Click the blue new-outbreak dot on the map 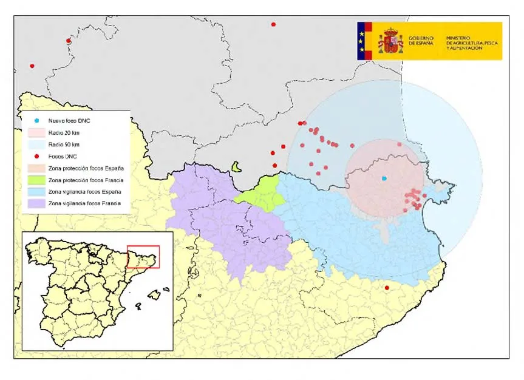pos(384,178)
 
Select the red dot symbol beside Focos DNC pos(37,156)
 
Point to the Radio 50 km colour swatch pos(36,144)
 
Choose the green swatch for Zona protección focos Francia pos(36,180)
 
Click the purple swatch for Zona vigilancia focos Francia pos(36,203)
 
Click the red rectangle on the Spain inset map pos(143,257)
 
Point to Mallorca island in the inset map pos(154,294)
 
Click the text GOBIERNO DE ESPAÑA pos(421,41)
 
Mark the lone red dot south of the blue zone pos(387,288)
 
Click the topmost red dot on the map pos(273,24)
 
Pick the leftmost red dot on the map pos(32,66)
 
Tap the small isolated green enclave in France pos(236,166)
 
